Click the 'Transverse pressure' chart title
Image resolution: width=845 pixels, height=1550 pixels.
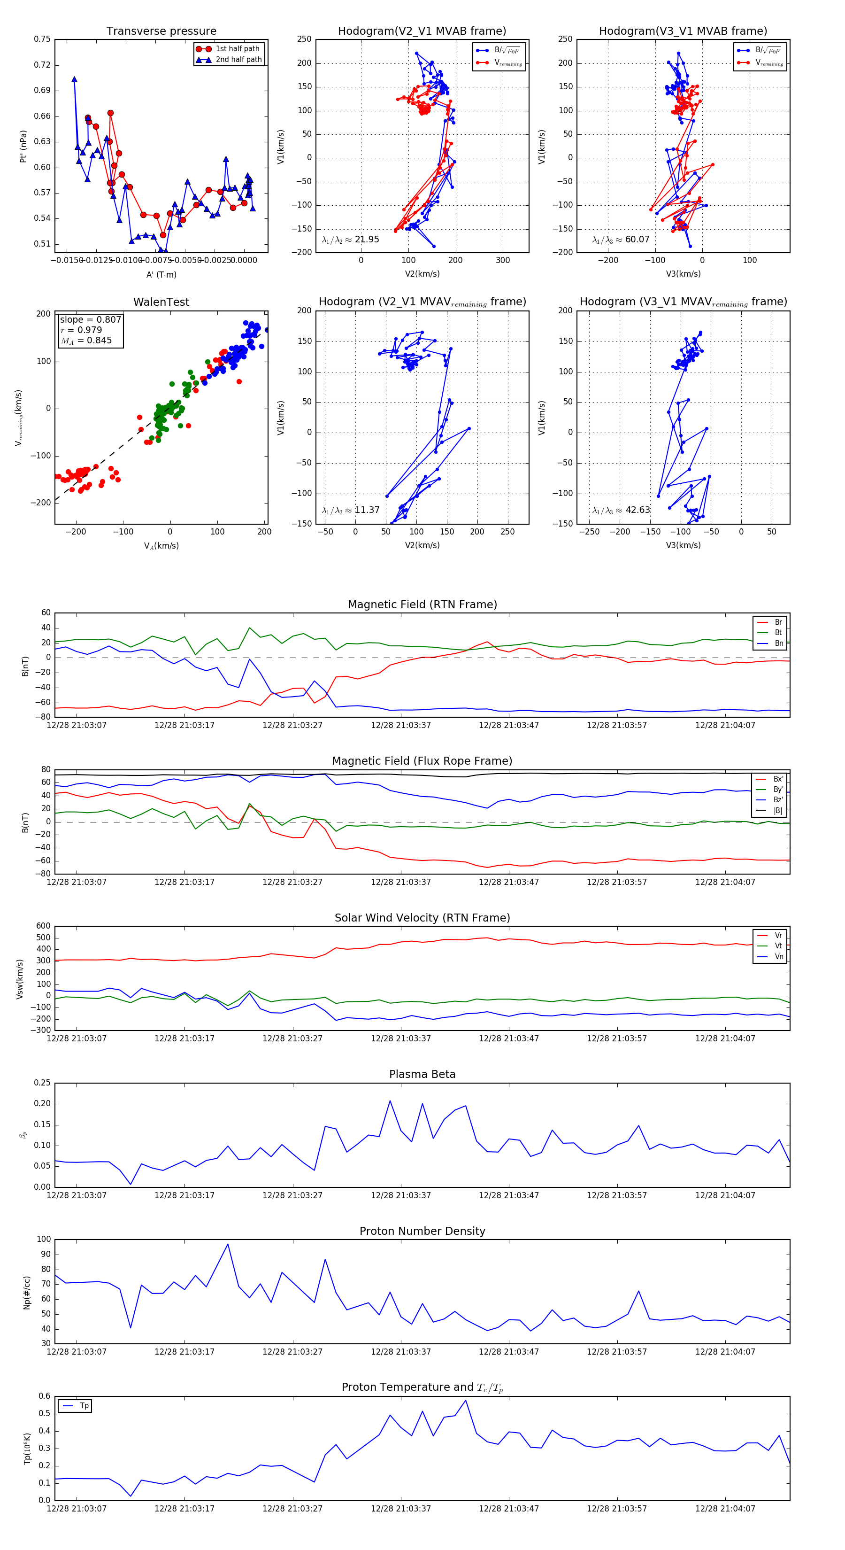(161, 31)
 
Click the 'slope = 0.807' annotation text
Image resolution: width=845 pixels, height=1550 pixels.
(90, 319)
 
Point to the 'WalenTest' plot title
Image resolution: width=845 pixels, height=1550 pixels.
(161, 302)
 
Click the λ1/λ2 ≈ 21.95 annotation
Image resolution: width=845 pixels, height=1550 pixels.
(351, 240)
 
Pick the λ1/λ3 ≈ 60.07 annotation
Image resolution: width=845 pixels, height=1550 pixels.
(621, 240)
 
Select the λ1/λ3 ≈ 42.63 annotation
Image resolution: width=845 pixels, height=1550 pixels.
(621, 510)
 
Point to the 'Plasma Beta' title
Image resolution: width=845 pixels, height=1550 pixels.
(422, 1074)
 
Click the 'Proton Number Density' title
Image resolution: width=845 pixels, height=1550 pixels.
(422, 1231)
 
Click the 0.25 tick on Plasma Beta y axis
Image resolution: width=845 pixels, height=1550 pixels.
(42, 1083)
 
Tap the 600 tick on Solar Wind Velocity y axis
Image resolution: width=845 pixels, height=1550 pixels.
(43, 926)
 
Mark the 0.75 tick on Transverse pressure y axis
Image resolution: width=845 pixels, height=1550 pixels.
(42, 39)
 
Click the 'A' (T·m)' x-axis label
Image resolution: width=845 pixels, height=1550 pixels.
(161, 274)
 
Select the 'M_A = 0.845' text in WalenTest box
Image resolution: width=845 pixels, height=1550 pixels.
(86, 341)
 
